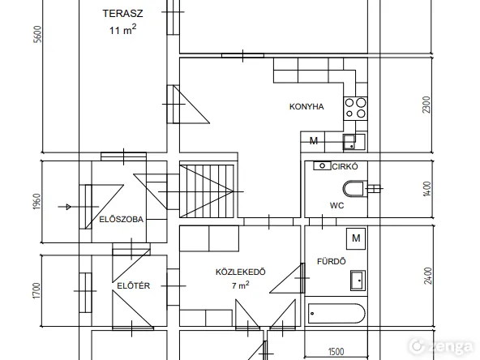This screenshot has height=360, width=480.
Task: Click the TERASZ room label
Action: pyautogui.click(x=122, y=14)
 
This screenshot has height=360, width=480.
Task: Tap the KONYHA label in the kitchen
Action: pyautogui.click(x=306, y=106)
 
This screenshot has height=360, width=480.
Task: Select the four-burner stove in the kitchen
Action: pyautogui.click(x=355, y=109)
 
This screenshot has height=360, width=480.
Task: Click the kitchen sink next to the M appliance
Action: pyautogui.click(x=354, y=142)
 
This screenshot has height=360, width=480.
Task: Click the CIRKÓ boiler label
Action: pyautogui.click(x=345, y=166)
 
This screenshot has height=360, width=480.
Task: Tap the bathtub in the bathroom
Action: pyautogui.click(x=336, y=313)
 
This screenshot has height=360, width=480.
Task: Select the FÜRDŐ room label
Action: pyautogui.click(x=332, y=261)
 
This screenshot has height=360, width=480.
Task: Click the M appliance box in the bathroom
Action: pyautogui.click(x=356, y=238)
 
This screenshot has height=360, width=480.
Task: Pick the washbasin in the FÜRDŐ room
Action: pyautogui.click(x=358, y=280)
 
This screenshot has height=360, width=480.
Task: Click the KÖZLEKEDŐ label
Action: pyautogui.click(x=241, y=272)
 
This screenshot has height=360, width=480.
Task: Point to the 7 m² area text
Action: pyautogui.click(x=240, y=285)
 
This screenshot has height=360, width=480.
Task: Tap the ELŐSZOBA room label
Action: pyautogui.click(x=122, y=219)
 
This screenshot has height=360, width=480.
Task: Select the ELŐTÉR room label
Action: pyautogui.click(x=134, y=285)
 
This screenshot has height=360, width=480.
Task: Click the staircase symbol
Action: pyautogui.click(x=207, y=191)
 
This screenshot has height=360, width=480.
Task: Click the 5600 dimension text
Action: pyautogui.click(x=37, y=34)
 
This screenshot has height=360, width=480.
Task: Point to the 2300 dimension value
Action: pyautogui.click(x=426, y=105)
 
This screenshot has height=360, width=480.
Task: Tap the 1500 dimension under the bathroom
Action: pyautogui.click(x=336, y=352)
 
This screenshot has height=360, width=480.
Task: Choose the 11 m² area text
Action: pyautogui.click(x=122, y=30)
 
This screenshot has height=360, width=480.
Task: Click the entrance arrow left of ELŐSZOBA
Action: pyautogui.click(x=65, y=207)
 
